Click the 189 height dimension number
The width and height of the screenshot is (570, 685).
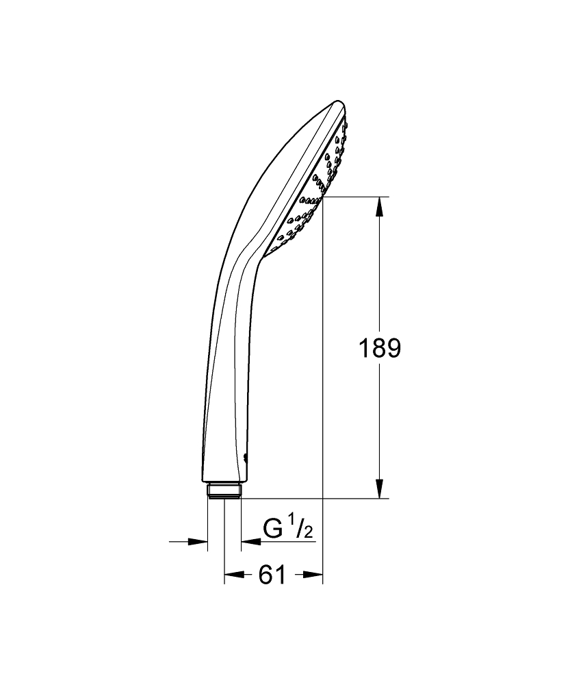[x=380, y=349]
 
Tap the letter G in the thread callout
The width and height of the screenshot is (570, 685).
[x=273, y=530]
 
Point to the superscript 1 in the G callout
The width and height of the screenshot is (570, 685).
[x=290, y=523]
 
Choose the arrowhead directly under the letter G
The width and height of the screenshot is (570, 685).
[x=250, y=542]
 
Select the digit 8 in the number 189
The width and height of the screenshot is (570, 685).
[x=380, y=349]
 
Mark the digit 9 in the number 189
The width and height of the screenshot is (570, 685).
[x=393, y=349]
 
